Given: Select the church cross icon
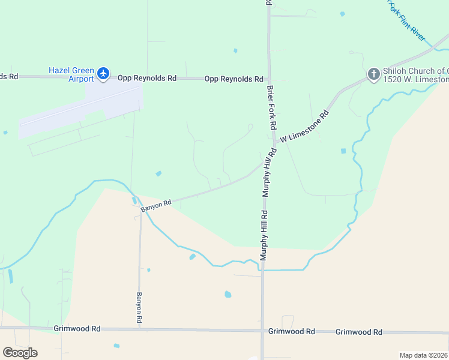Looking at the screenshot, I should coord(373,74).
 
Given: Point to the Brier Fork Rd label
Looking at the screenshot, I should coord(272,108).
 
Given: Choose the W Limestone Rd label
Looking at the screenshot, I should coord(306,127).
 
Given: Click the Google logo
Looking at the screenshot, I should coord(20,353).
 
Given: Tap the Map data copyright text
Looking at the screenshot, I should coord(424,355).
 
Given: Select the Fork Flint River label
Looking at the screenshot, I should coord(408,23).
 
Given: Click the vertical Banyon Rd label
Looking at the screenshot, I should coord(139,309).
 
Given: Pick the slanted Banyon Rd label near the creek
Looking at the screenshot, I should coord(157,206).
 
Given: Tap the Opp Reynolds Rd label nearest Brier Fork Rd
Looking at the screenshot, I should coord(234,79).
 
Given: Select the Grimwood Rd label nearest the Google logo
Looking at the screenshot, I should coord(77,329).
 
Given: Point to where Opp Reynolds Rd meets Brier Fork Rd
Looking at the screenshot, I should coord(270,79).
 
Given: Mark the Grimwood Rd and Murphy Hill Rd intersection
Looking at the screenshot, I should coord(262,331).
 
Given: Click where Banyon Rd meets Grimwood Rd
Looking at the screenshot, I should coord(140,329).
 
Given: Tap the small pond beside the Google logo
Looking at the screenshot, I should coord(116,346).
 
